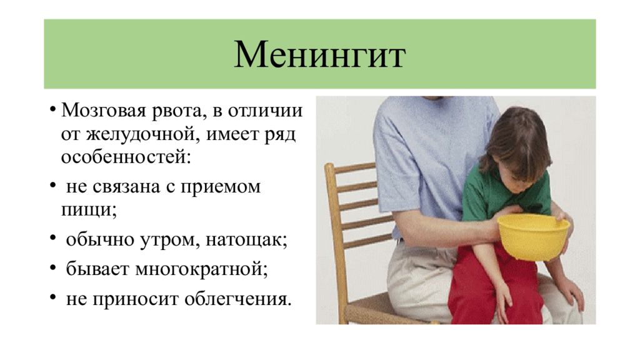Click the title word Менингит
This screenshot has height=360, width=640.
click(x=319, y=55)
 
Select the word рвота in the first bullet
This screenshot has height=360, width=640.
click(x=177, y=111)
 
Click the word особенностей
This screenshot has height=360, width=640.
click(x=126, y=157)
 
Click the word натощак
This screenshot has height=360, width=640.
click(x=246, y=239)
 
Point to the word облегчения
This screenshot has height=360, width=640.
click(x=238, y=299)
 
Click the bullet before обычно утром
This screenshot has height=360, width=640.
click(x=52, y=237)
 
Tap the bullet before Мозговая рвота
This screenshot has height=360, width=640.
click(x=52, y=109)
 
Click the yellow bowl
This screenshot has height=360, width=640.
click(x=533, y=236)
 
